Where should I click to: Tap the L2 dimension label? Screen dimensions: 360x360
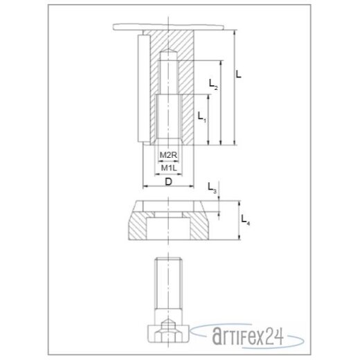click(x=213, y=85)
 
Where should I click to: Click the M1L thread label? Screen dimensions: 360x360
click(x=167, y=168)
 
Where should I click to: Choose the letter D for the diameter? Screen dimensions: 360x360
click(x=168, y=181)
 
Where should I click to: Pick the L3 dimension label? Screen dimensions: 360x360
click(x=213, y=187)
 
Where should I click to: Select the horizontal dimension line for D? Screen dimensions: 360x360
click(x=167, y=188)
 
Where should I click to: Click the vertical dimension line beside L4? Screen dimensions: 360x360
click(x=237, y=222)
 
